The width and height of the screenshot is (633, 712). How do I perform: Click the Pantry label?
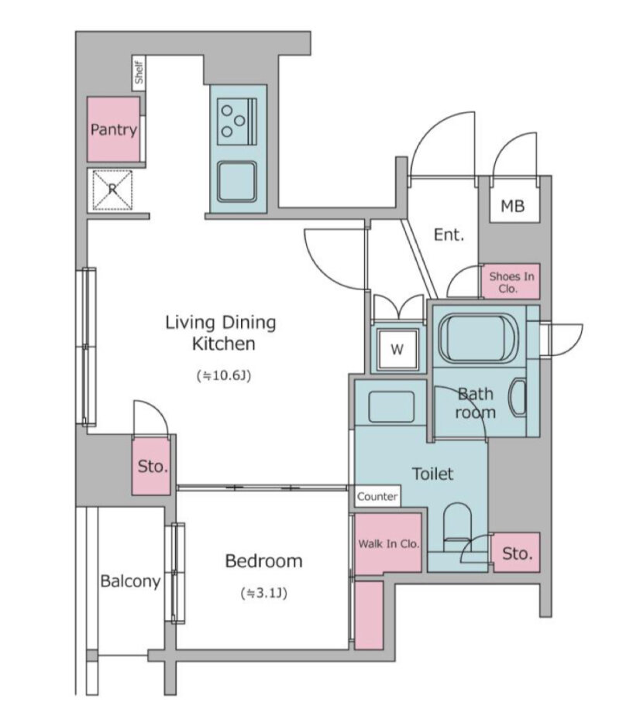pos(113,130)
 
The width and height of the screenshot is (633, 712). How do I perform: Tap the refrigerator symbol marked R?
pos(112,190)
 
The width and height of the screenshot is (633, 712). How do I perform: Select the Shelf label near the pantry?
pos(139,73)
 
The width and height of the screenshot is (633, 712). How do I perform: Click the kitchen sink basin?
pos(236,182)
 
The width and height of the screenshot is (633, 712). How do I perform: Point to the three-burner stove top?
pos(236,122)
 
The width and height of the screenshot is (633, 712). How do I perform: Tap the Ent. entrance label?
pos(449,234)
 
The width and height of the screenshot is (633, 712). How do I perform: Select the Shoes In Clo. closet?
pos(511,281)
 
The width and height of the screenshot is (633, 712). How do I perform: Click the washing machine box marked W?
pos(397,349)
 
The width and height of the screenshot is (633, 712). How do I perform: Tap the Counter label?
pos(377,496)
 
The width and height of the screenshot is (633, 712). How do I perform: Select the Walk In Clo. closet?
pos(388,543)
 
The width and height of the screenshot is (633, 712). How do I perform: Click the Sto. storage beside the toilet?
pos(516,553)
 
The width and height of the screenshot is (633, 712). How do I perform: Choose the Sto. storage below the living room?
pos(151,466)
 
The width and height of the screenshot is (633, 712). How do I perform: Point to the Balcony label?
pos(130,581)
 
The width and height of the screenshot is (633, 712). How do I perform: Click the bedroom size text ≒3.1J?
pos(264,593)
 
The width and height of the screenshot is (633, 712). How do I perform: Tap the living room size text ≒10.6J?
pos(224,375)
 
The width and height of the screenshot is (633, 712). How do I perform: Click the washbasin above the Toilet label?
pos(391,407)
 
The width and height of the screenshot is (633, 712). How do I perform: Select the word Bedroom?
pos(263,561)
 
